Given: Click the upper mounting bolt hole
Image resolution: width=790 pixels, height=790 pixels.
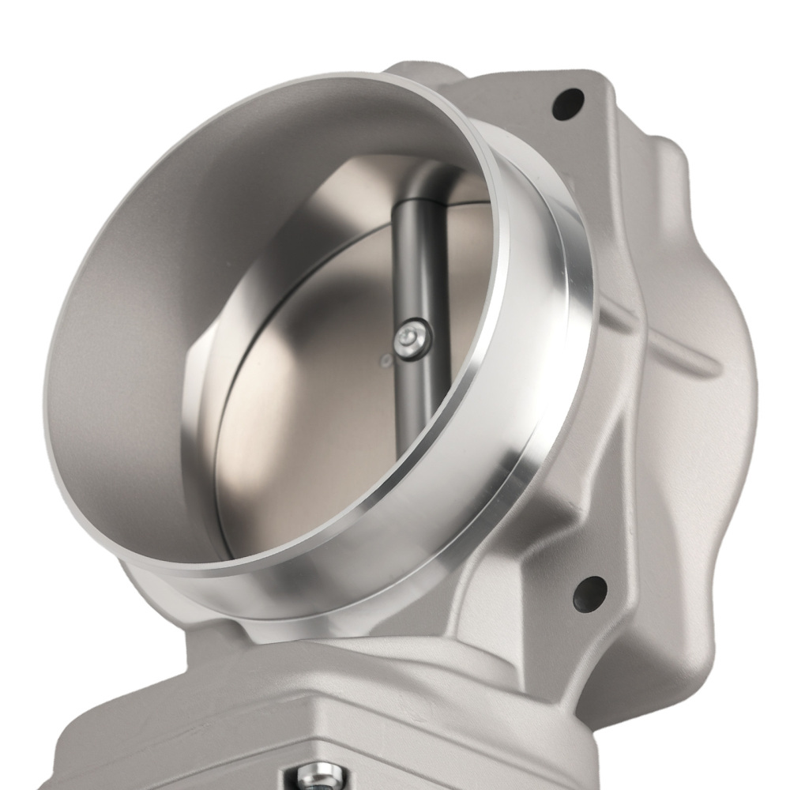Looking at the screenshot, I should tap(567, 103).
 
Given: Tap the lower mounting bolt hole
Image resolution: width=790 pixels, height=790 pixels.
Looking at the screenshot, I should tap(589, 591).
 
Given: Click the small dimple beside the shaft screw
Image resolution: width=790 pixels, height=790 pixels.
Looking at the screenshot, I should tap(386, 362).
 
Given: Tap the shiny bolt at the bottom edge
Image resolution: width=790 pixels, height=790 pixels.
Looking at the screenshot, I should tap(318, 777).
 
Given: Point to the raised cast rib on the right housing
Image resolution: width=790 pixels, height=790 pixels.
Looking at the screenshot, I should tap(671, 348).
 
